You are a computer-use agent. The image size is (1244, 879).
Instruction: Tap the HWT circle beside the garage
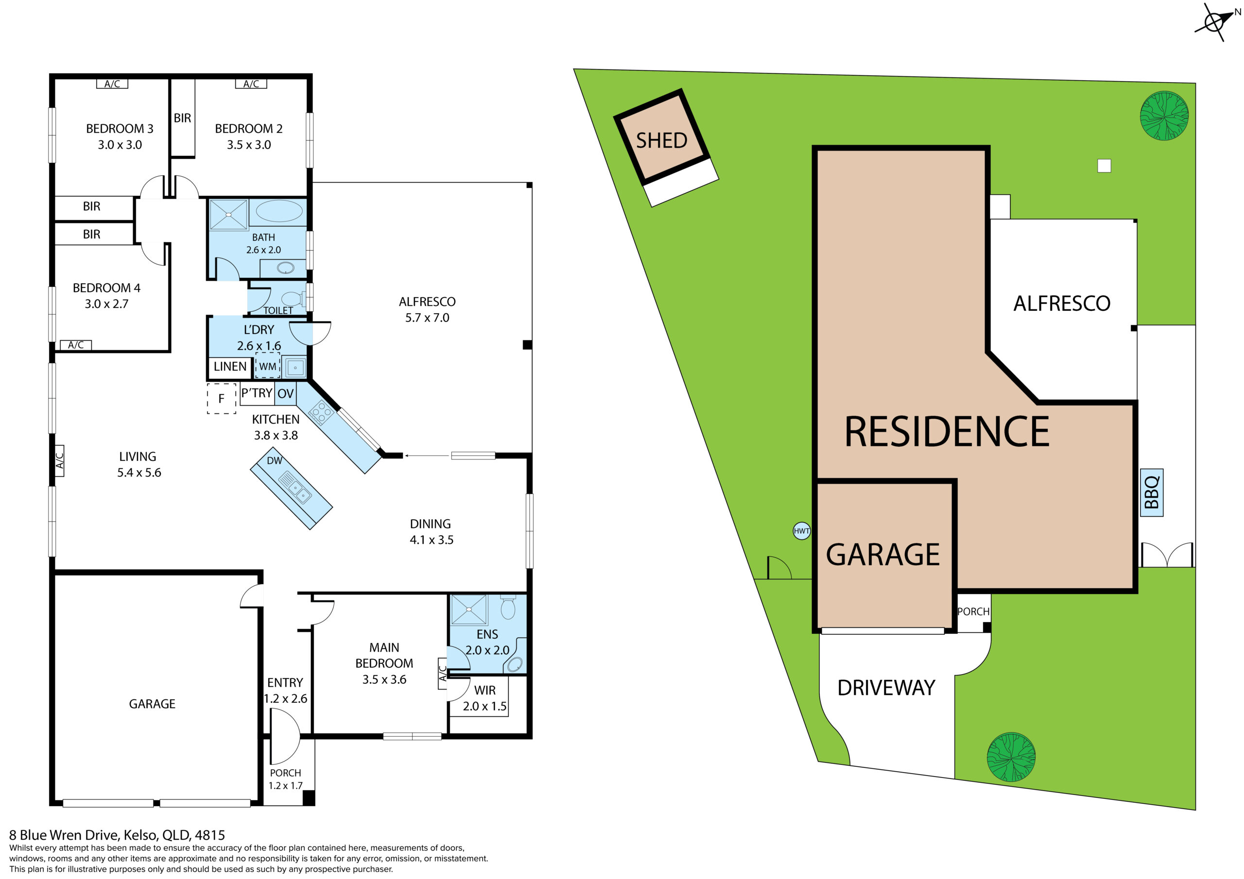[801, 531]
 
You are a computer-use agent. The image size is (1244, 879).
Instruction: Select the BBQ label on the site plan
[1151, 492]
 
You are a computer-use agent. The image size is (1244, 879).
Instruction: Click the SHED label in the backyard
[661, 141]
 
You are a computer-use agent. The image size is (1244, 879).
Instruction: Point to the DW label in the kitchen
[275, 460]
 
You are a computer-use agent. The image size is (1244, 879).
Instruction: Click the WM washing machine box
[268, 366]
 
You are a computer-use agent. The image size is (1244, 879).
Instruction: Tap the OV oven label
[286, 393]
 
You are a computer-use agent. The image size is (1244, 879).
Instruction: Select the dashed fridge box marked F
[222, 399]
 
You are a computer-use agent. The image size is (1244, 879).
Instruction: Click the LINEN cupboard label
[230, 367]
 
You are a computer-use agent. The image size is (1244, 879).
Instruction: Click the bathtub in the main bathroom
[279, 211]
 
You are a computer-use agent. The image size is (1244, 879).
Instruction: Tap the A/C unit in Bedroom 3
[112, 84]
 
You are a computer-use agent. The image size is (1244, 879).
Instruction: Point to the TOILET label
[278, 310]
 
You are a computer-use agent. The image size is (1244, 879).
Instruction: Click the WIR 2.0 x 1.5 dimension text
[485, 706]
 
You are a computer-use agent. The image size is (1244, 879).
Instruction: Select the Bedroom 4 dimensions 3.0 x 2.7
[107, 304]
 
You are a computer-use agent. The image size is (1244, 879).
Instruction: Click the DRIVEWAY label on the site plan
[886, 688]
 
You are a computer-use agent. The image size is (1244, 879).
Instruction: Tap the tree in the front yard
[1011, 757]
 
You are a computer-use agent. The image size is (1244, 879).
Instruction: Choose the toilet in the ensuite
[508, 607]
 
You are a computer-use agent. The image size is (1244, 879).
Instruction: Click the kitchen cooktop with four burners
[321, 412]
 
